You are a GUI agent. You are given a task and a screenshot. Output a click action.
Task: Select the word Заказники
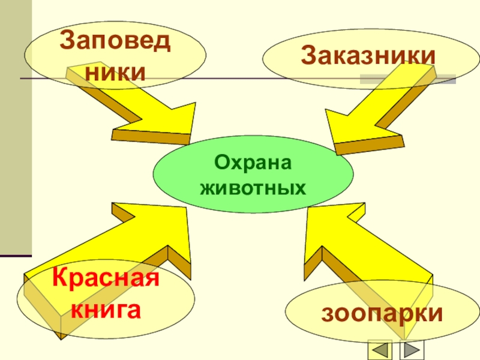point(368,56)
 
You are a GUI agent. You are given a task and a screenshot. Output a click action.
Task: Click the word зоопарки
point(383,313)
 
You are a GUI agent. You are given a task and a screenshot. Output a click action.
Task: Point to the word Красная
point(106,280)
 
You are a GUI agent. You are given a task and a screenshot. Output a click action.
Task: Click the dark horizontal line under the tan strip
point(16,256)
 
